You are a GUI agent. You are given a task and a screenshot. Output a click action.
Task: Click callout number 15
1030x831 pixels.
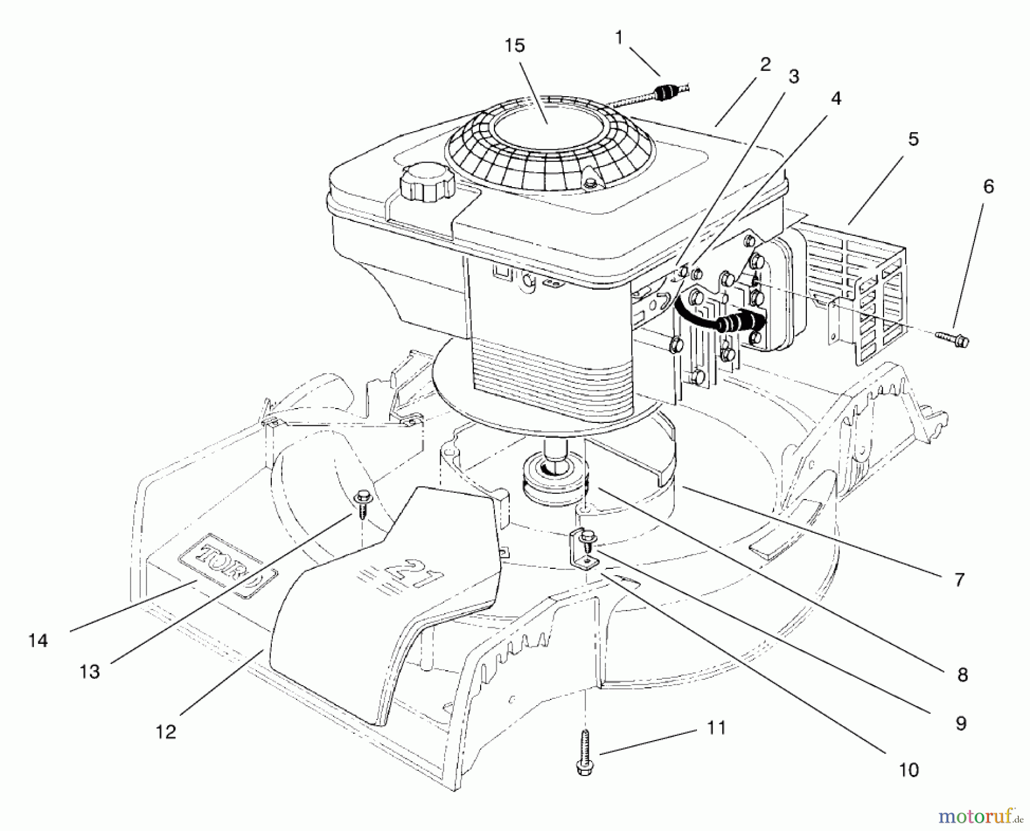pyautogui.click(x=515, y=46)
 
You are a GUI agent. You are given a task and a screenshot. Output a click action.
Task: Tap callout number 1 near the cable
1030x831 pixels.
pyautogui.click(x=619, y=38)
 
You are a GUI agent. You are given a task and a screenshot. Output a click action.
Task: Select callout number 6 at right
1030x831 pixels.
pyautogui.click(x=988, y=187)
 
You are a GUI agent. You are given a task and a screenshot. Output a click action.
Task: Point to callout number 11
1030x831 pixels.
pyautogui.click(x=716, y=729)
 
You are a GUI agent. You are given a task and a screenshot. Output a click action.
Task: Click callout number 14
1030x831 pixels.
pyautogui.click(x=38, y=640)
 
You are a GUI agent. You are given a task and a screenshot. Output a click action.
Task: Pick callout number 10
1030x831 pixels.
pyautogui.click(x=909, y=770)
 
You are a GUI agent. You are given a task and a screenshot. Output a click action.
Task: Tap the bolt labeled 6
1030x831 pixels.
pyautogui.click(x=954, y=339)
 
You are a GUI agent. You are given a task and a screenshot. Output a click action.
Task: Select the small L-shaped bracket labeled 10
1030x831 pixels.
pyautogui.click(x=584, y=549)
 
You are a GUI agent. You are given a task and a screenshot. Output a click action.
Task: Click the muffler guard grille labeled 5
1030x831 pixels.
pyautogui.click(x=858, y=286)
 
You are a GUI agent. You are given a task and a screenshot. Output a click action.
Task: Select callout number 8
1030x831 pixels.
pyautogui.click(x=962, y=675)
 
